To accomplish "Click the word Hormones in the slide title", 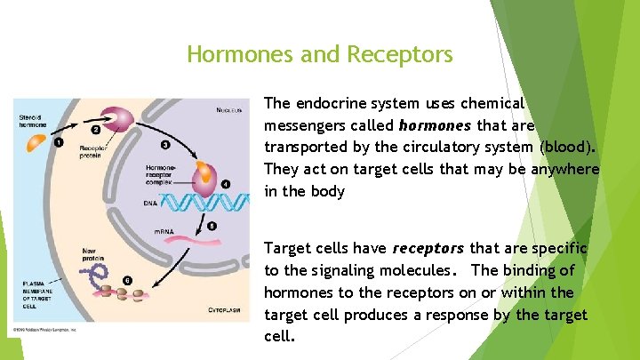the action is click(231, 55).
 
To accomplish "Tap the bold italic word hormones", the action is click(436, 125).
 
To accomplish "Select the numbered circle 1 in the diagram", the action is click(58, 140).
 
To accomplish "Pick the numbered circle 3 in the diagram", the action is click(165, 145).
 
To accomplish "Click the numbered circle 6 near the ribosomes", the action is click(127, 280).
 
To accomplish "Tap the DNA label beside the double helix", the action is click(150, 203).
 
